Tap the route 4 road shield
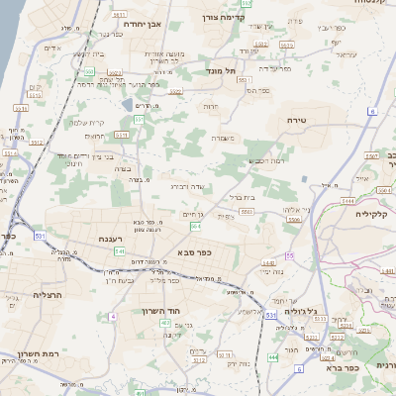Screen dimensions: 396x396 click(x=113, y=316)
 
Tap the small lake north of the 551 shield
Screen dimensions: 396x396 click(x=125, y=104)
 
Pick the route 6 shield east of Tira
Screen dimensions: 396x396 click(x=372, y=111)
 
